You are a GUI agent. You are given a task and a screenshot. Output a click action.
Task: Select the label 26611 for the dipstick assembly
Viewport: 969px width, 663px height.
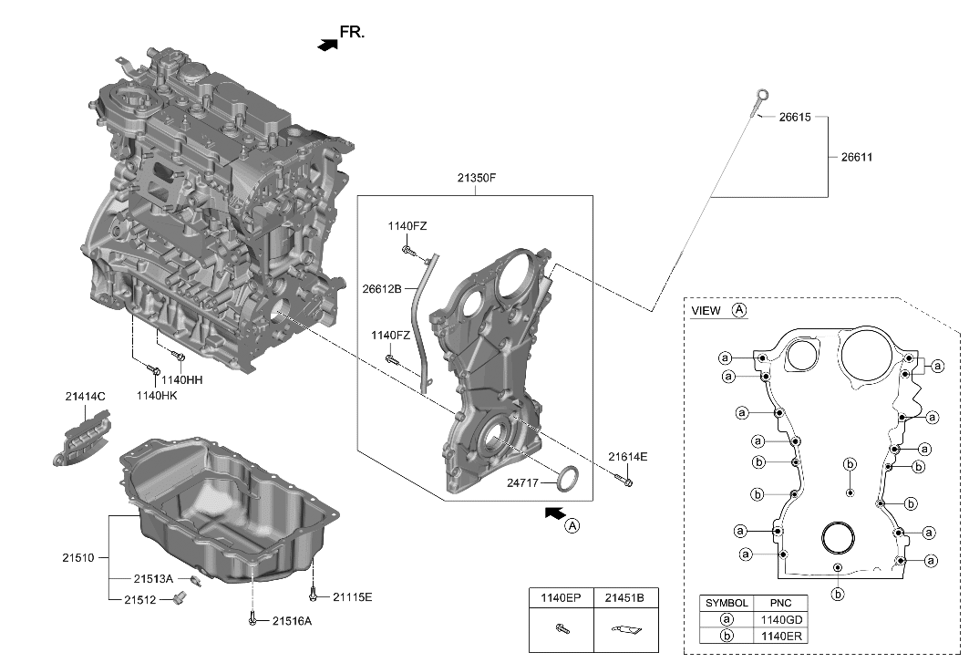(856, 157)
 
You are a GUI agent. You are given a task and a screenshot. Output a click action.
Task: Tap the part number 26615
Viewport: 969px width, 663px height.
(794, 118)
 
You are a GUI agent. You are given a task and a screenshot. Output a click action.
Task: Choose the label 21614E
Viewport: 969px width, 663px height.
(629, 457)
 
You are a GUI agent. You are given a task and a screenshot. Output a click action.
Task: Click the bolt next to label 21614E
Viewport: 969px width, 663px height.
(624, 478)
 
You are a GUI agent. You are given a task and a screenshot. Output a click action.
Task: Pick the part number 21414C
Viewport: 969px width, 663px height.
(85, 397)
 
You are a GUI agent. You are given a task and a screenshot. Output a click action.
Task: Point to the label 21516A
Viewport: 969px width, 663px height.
(292, 621)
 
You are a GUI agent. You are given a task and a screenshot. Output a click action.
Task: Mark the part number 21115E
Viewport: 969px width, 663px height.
(352, 597)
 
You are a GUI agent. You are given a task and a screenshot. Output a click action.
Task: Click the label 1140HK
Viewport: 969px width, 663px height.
(157, 395)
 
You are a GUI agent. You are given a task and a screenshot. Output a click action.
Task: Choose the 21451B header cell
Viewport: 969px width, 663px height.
(625, 598)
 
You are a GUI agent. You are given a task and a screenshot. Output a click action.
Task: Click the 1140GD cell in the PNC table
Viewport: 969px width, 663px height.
(781, 618)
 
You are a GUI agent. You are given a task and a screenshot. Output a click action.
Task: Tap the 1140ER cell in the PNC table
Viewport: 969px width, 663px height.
(781, 634)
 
